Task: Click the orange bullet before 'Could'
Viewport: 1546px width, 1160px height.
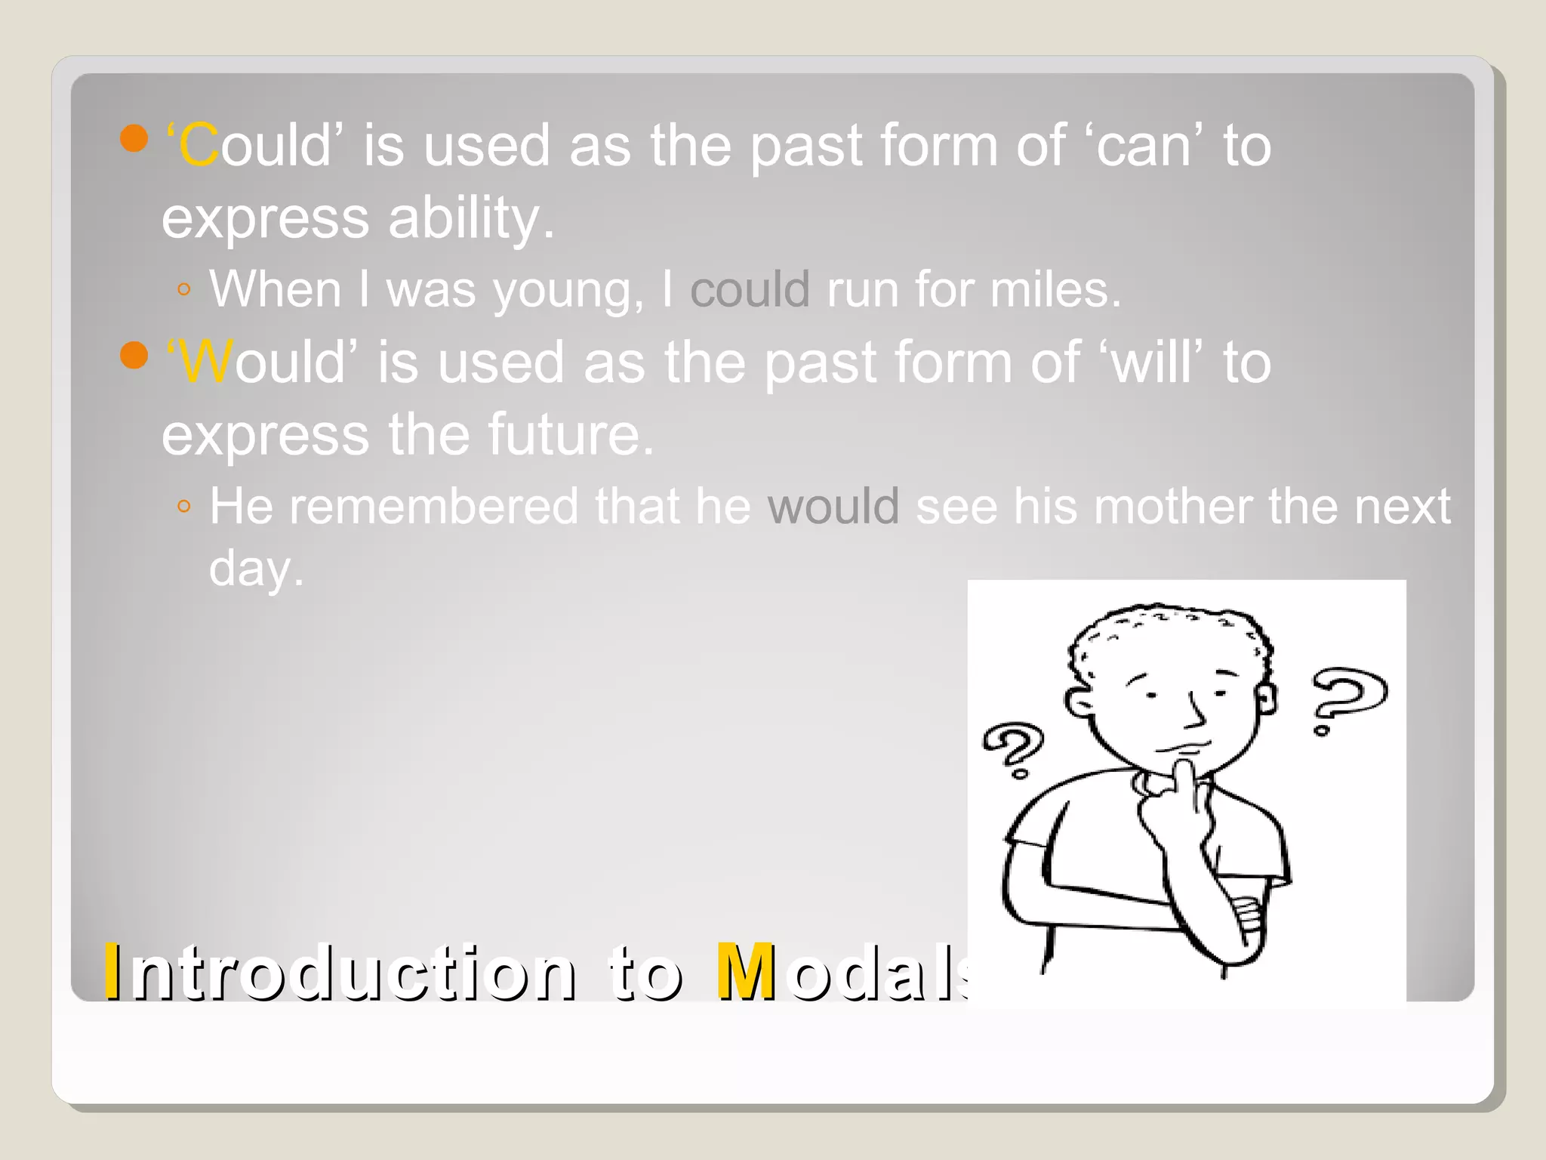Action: click(x=134, y=138)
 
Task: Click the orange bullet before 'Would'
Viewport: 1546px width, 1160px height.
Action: click(x=134, y=355)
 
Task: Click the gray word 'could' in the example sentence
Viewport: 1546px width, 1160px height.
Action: click(x=750, y=289)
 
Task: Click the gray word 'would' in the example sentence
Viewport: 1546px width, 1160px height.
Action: click(x=833, y=506)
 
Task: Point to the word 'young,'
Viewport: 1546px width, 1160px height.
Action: click(x=568, y=291)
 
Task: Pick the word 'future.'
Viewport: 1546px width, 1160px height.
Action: click(x=571, y=434)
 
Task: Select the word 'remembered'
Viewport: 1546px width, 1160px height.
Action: click(x=433, y=506)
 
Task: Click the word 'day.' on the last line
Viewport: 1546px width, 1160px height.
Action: click(x=256, y=569)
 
